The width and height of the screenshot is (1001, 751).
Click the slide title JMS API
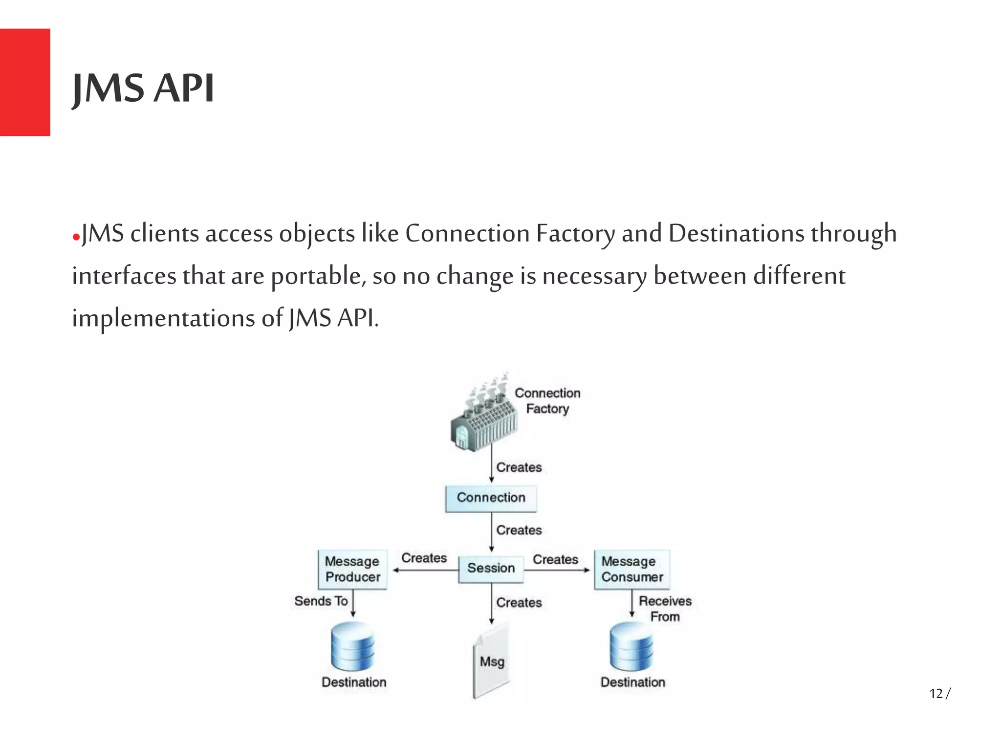click(x=143, y=88)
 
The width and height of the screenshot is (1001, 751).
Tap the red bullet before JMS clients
click(x=76, y=238)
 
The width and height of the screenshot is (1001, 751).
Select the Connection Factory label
click(x=547, y=400)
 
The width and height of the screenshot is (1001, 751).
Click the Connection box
click(x=491, y=498)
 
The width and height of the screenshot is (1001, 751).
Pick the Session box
click(x=491, y=568)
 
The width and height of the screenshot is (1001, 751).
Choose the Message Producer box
click(x=352, y=569)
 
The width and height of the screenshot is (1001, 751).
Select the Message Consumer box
click(x=631, y=569)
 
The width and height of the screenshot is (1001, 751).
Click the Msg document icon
click(x=491, y=661)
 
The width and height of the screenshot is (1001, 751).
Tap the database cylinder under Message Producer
click(x=352, y=646)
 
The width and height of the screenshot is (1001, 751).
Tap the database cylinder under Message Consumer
click(x=631, y=646)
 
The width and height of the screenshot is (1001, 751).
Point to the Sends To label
click(x=321, y=601)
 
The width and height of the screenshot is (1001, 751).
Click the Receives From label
click(x=665, y=608)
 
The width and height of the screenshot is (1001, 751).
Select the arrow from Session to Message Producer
click(x=425, y=570)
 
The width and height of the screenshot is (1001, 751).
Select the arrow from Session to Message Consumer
click(x=557, y=570)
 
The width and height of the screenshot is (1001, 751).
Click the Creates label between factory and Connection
click(x=519, y=467)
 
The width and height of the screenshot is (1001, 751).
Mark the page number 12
click(x=936, y=693)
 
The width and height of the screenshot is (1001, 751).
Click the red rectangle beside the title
click(x=25, y=82)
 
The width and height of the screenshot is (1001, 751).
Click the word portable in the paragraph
click(x=318, y=276)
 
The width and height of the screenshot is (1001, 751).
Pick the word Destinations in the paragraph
click(x=736, y=234)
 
